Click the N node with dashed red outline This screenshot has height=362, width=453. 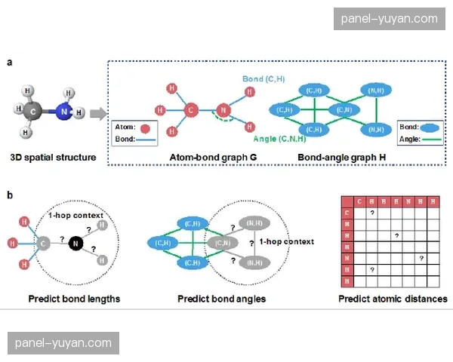(223, 112)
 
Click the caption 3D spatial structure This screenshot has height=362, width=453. (53, 157)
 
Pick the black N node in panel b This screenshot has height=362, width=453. (75, 243)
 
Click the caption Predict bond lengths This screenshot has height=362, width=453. (74, 299)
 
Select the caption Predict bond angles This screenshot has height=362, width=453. (221, 299)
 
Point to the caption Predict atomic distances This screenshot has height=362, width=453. (393, 299)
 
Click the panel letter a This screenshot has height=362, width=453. (9, 63)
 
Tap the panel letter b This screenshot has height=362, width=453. (9, 195)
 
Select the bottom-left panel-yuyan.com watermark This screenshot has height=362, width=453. (63, 344)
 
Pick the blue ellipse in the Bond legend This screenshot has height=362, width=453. (431, 127)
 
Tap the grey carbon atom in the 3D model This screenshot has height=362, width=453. (32, 112)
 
